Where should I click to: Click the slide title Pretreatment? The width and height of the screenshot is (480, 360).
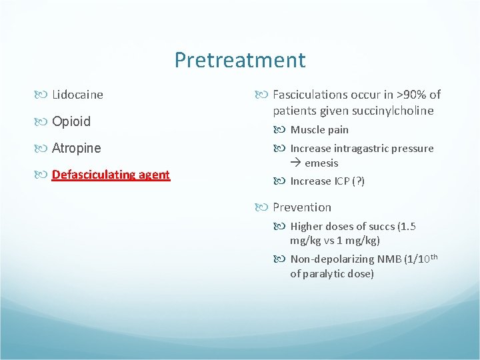(x=240, y=61)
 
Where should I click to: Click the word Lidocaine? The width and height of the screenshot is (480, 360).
(x=77, y=95)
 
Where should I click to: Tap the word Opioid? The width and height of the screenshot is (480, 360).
(x=71, y=122)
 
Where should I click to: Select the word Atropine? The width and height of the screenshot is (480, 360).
(x=76, y=148)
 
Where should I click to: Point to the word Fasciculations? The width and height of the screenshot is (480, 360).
(x=312, y=95)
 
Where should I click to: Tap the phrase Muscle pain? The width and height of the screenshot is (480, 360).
(x=319, y=130)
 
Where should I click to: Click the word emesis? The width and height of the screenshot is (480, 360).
(x=321, y=163)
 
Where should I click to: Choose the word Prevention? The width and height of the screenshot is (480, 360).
(x=301, y=207)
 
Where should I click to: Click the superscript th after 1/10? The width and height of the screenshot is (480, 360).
(x=433, y=257)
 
